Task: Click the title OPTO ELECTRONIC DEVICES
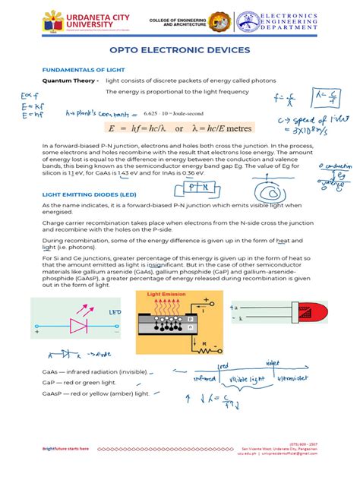pyautogui.click(x=179, y=50)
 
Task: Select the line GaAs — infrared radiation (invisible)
pyautogui.click(x=95, y=372)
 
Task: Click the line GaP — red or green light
pyautogui.click(x=77, y=384)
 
